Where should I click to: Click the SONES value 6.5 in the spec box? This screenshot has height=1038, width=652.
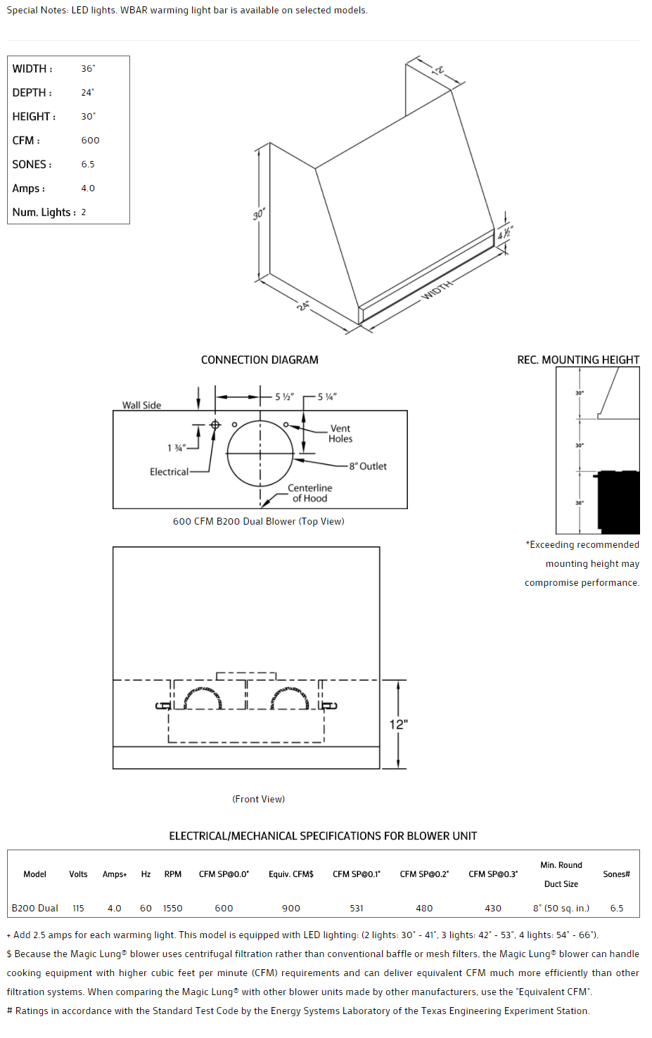click(88, 165)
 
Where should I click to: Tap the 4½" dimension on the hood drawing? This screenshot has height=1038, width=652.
click(504, 233)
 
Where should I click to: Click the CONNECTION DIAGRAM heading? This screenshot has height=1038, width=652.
click(260, 360)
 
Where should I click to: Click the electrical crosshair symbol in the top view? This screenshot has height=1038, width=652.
click(215, 425)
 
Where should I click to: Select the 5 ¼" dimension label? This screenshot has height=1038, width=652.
click(326, 397)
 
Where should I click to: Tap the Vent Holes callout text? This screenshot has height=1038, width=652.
click(340, 434)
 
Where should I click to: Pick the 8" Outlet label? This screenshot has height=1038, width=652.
click(368, 466)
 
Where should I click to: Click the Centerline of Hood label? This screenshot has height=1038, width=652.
click(309, 493)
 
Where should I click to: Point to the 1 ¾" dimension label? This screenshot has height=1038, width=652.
click(176, 448)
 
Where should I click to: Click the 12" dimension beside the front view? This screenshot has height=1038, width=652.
click(399, 724)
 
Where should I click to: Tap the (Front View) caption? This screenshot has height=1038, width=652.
click(259, 799)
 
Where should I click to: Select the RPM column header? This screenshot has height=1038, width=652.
click(173, 874)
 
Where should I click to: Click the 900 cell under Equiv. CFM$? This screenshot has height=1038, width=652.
click(291, 909)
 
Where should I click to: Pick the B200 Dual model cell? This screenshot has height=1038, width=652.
click(34, 909)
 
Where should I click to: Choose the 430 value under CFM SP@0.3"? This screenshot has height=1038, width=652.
click(493, 909)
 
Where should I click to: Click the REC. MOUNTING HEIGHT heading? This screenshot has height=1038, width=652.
click(578, 360)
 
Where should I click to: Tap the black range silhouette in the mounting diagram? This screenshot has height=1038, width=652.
click(619, 502)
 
